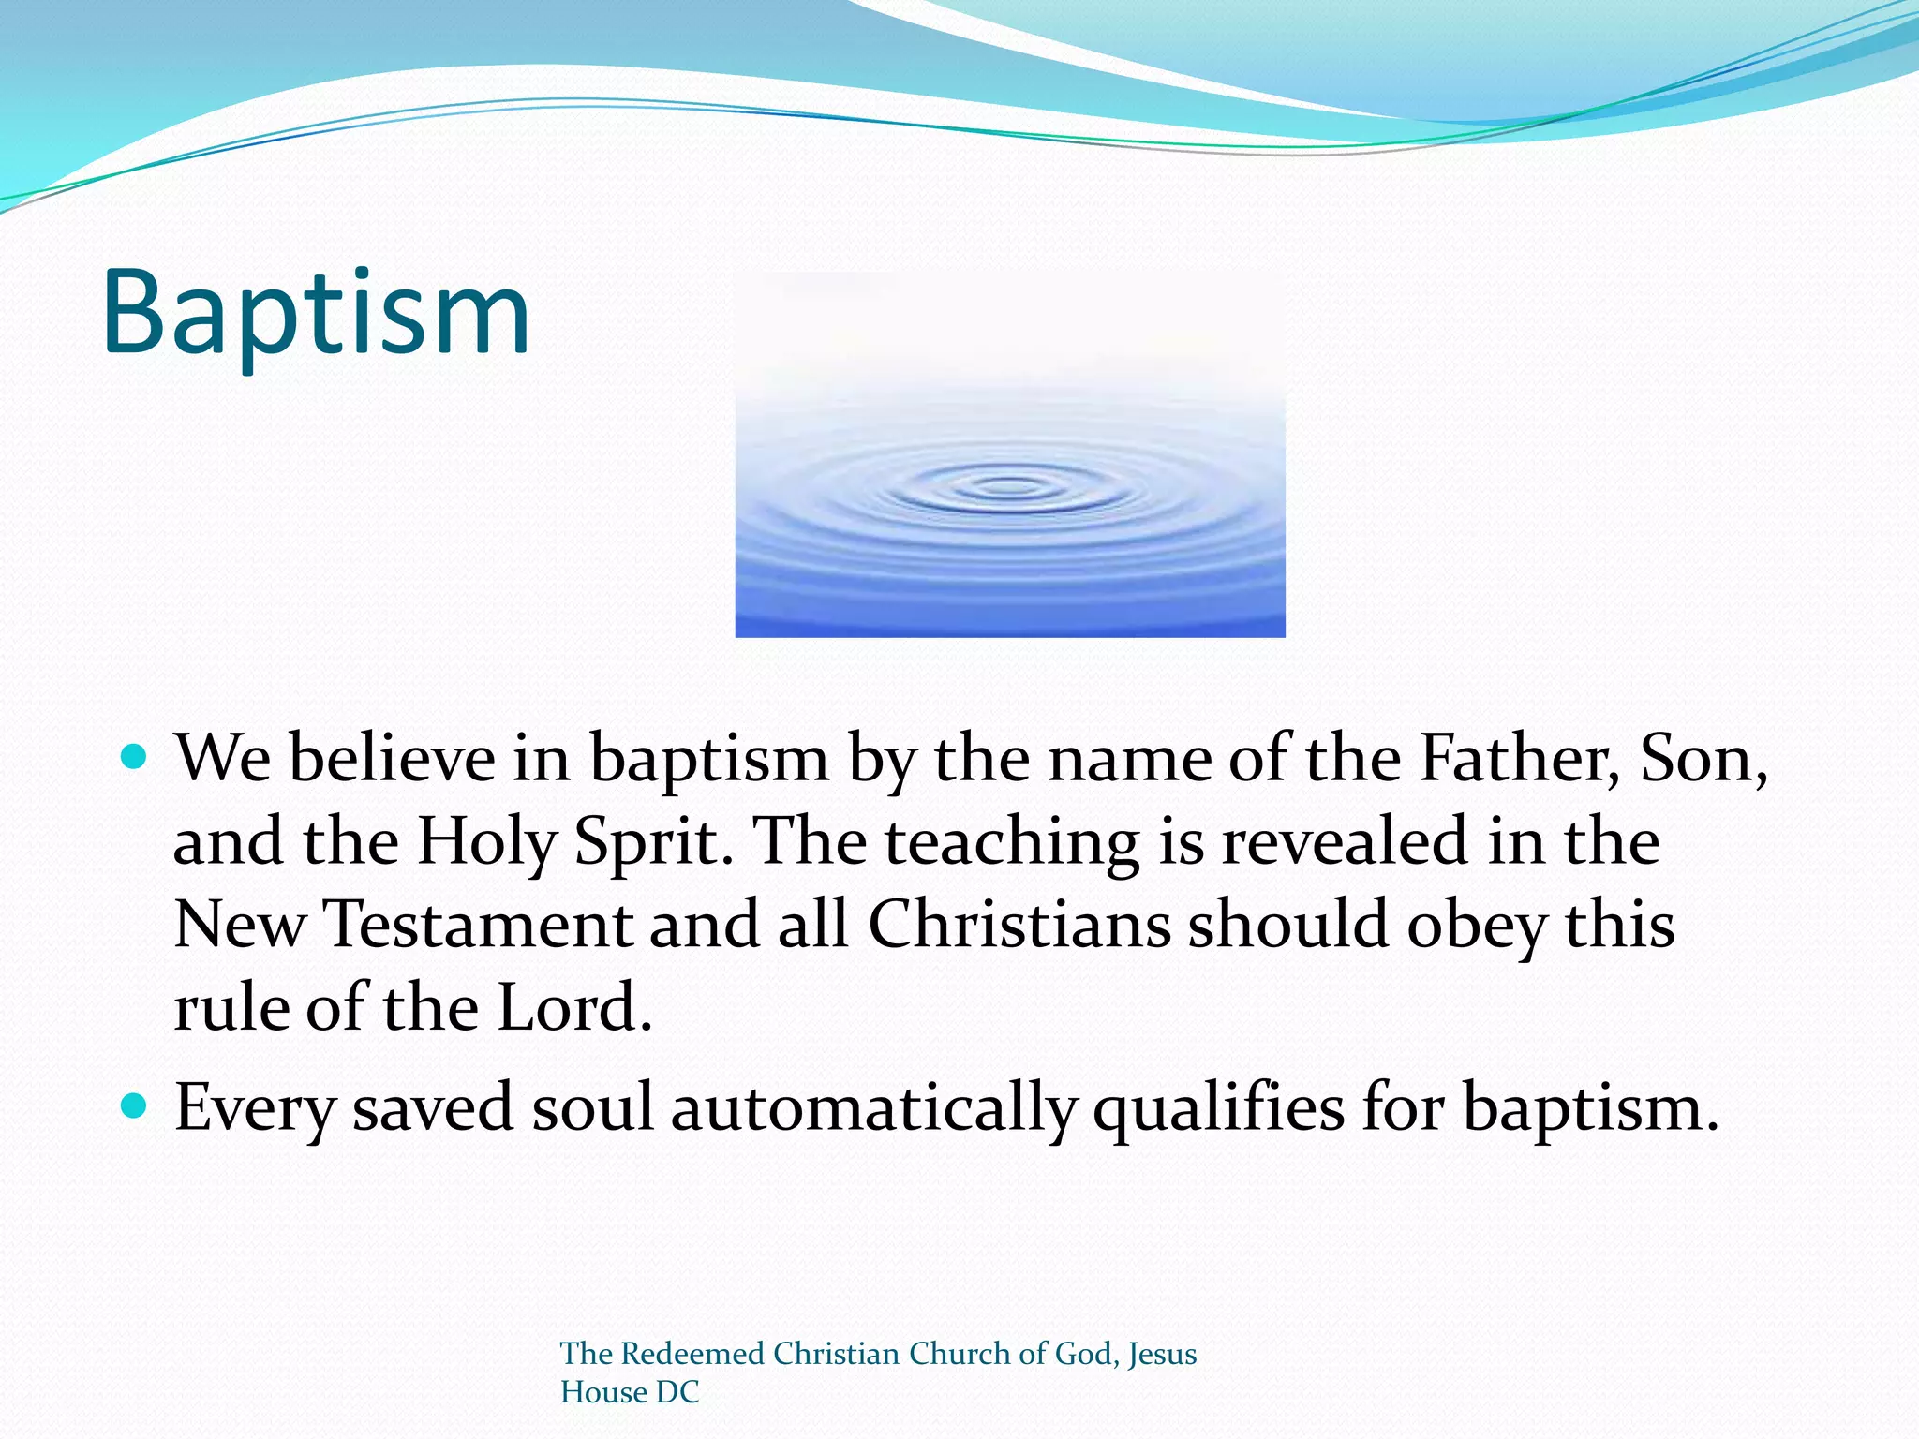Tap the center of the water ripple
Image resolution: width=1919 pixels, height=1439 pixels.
coord(1009,487)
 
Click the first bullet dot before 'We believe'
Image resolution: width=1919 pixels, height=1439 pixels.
coord(135,756)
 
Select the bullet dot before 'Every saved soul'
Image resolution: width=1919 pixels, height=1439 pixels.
coord(135,1106)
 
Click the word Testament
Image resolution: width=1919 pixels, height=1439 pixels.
coord(478,925)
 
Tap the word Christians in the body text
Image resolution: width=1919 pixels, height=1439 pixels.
coord(1019,925)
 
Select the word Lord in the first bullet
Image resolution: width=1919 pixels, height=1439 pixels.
coord(573,1008)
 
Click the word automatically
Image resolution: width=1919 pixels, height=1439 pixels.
coord(873,1108)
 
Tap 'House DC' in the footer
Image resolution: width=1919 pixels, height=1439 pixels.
coord(630,1392)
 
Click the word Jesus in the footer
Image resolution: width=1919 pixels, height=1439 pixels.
coord(1162,1354)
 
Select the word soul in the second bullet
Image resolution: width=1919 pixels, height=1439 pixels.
coord(592,1108)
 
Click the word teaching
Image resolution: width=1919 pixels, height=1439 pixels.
coord(1012,841)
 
